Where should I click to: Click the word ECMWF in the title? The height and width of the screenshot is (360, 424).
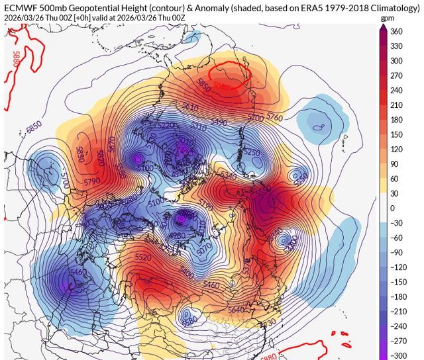[20, 7]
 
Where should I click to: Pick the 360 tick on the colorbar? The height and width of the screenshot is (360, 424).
[397, 31]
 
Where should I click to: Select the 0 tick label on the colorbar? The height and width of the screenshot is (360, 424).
[392, 208]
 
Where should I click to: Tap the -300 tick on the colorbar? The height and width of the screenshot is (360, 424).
[398, 355]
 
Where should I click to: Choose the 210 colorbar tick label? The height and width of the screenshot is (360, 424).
[397, 105]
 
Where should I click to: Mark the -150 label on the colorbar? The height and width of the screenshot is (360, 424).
[398, 281]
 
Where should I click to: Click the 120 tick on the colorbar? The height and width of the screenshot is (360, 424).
[397, 149]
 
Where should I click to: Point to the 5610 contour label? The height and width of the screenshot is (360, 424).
[189, 107]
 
